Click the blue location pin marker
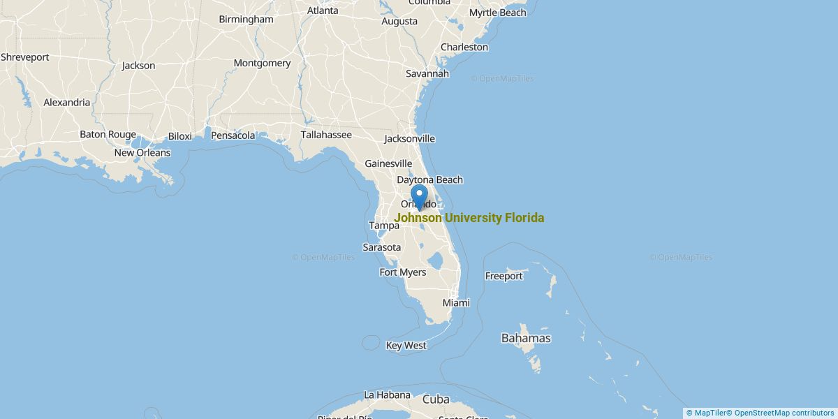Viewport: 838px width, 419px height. [x=419, y=196]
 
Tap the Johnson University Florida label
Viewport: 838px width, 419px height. [x=469, y=218]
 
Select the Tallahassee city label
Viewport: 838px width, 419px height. [x=326, y=134]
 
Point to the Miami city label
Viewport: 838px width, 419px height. [x=456, y=302]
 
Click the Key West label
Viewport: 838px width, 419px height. [x=406, y=345]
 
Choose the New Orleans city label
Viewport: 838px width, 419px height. [x=142, y=152]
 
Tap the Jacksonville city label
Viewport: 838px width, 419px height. [x=409, y=138]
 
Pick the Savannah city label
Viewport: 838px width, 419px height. [x=427, y=73]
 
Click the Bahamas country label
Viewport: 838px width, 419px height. [x=526, y=338]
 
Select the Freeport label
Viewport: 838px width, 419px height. [x=503, y=276]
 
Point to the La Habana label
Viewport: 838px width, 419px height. [x=387, y=395]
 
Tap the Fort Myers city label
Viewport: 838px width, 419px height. [x=402, y=272]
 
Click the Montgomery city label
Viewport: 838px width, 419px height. [x=262, y=63]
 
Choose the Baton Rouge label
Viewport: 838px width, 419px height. [x=108, y=134]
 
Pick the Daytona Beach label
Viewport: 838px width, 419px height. [x=429, y=179]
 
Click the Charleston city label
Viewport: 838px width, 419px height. [x=464, y=47]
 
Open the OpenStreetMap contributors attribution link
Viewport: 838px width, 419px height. [x=784, y=413]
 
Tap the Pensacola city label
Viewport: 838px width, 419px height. [x=233, y=135]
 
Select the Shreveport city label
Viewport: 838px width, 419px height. [x=25, y=57]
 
